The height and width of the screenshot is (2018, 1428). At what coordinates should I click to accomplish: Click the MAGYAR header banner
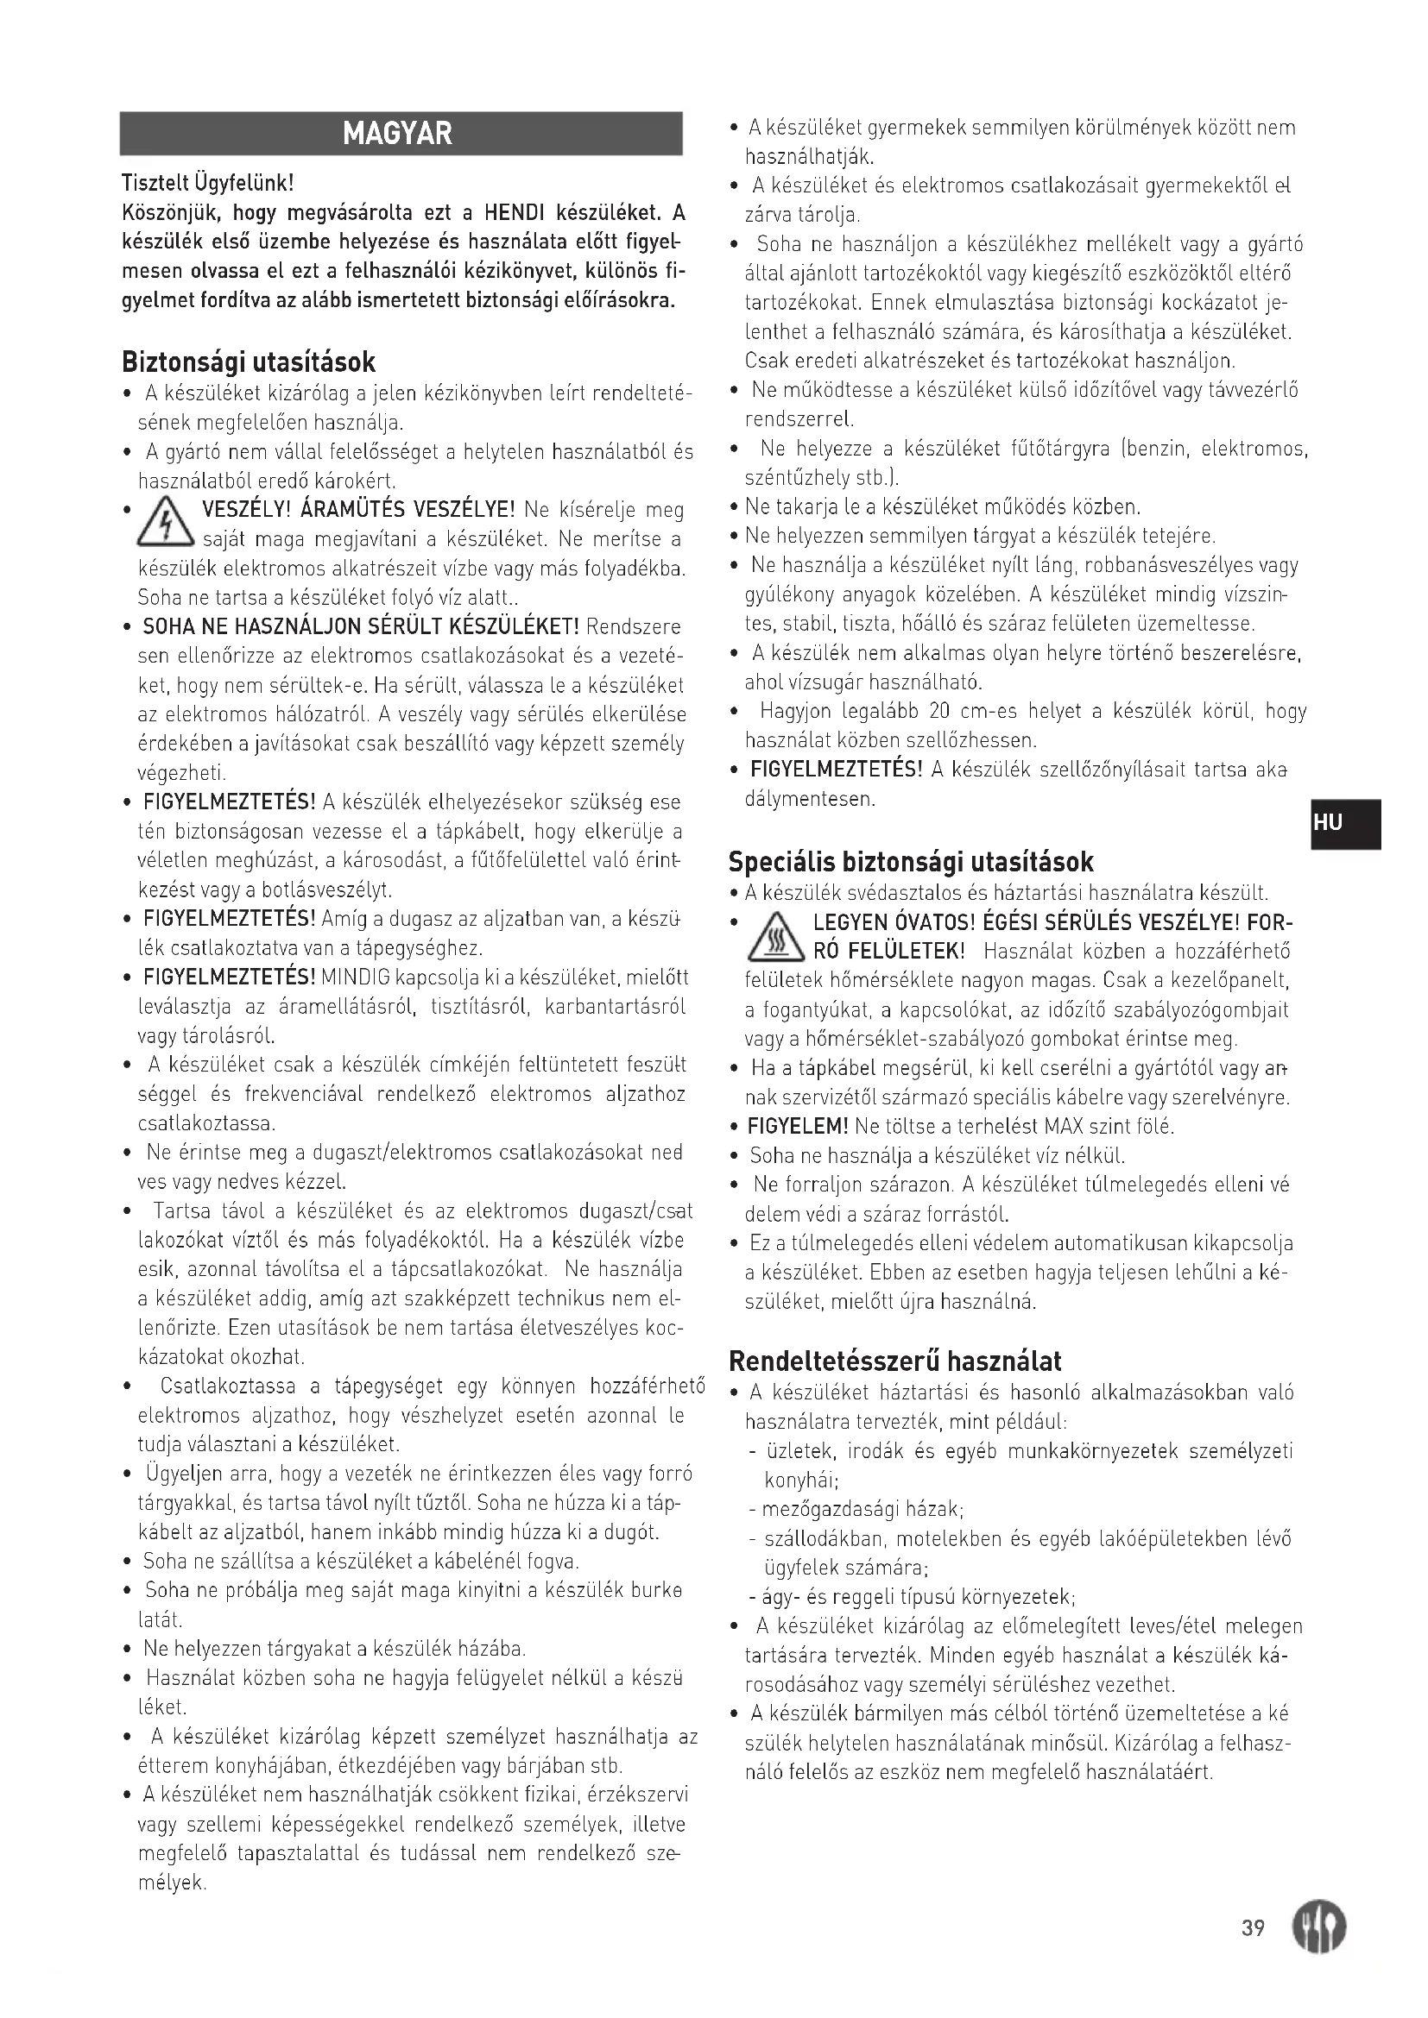point(400,134)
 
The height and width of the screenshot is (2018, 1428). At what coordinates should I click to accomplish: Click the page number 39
point(1253,1927)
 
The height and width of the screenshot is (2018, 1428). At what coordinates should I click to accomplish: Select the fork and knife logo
point(1318,1927)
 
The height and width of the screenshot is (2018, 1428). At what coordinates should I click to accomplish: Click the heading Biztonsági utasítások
point(249,362)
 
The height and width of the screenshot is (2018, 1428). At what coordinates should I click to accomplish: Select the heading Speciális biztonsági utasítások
point(911,860)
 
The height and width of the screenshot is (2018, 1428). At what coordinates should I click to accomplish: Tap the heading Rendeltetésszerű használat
point(895,1361)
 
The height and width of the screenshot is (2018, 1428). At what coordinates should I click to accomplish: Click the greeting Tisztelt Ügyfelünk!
point(206,183)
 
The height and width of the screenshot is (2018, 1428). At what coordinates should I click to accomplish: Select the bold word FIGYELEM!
point(797,1126)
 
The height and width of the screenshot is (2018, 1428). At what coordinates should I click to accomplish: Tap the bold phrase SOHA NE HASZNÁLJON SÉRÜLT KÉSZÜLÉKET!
point(361,626)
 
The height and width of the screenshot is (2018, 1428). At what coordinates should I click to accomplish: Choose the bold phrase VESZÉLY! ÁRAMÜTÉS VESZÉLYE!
point(359,510)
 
